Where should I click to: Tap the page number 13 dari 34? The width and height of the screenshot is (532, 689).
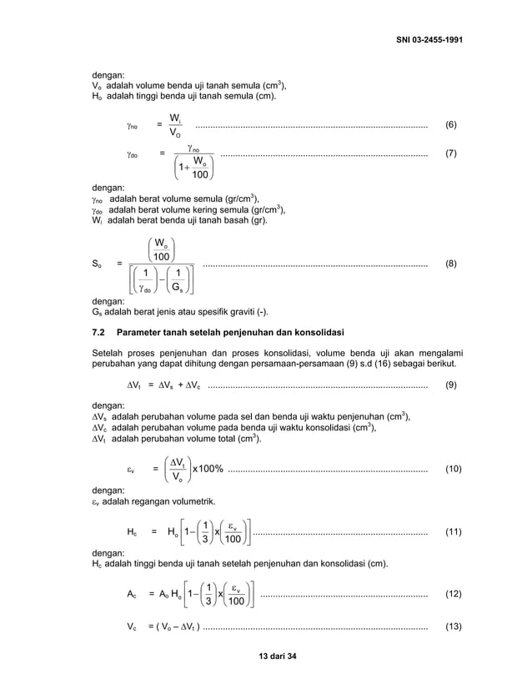click(x=265, y=656)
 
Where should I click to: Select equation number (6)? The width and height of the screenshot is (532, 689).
click(x=450, y=124)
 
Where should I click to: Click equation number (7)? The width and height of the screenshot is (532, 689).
click(x=450, y=154)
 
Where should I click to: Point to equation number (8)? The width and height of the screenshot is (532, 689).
click(x=450, y=264)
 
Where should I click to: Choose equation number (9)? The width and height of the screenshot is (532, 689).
click(x=450, y=385)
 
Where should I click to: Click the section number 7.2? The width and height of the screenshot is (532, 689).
click(x=98, y=334)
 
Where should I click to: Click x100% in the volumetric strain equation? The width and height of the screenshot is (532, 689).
click(x=208, y=470)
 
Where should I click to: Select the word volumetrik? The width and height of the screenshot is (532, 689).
click(x=191, y=502)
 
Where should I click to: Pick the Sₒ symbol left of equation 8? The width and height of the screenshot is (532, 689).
click(x=96, y=264)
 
